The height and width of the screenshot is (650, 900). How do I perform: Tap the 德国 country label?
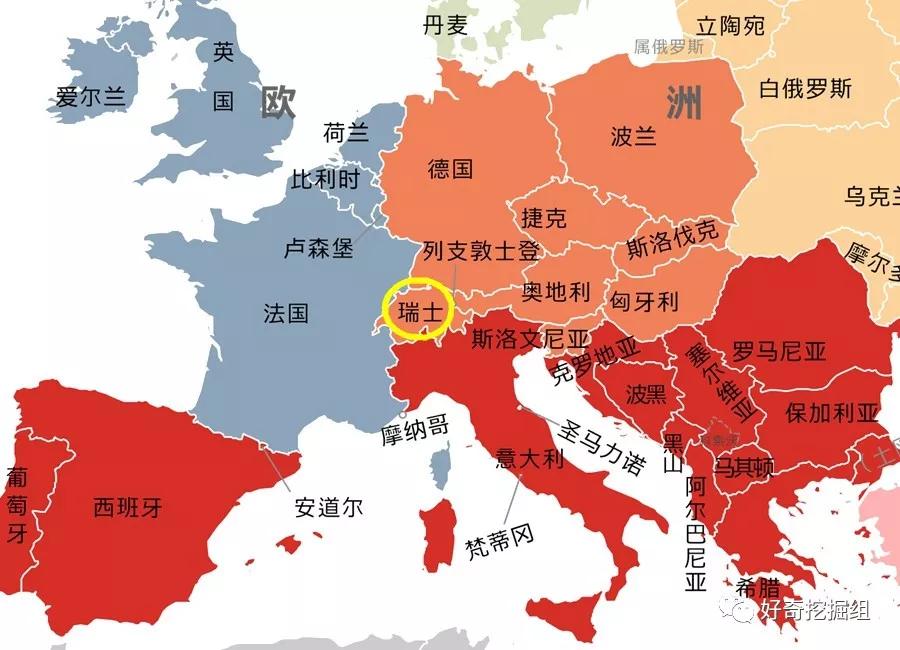click(x=450, y=168)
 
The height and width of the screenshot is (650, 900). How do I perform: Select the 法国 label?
click(x=286, y=313)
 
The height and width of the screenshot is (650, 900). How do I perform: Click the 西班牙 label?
click(x=127, y=507)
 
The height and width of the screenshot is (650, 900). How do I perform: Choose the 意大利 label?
click(x=531, y=459)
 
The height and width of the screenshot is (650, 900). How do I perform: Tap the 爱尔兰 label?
click(x=91, y=97)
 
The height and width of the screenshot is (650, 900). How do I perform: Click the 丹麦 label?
click(x=445, y=25)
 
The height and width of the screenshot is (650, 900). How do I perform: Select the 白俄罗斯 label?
click(x=805, y=88)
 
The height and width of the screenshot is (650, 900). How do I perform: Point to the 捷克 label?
click(x=544, y=217)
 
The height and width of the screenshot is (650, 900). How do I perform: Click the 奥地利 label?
click(x=557, y=292)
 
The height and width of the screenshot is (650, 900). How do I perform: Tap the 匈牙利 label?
click(x=645, y=301)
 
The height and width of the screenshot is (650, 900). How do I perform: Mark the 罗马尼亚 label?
click(x=779, y=351)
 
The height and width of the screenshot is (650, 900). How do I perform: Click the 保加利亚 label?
click(x=832, y=412)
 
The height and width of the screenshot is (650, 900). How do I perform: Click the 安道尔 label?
click(x=329, y=507)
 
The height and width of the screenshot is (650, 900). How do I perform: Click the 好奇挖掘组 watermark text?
click(x=814, y=610)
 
